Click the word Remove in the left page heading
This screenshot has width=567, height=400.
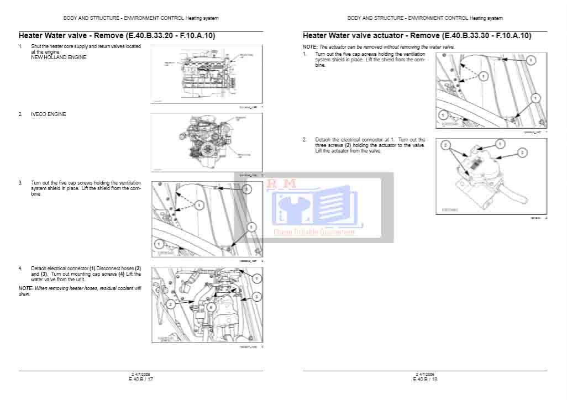tap(109, 36)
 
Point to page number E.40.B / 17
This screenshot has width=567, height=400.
tap(141, 379)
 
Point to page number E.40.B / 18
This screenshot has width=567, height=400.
tap(425, 379)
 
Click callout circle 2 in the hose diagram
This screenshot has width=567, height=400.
tap(171, 304)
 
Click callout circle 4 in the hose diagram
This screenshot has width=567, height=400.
tap(211, 307)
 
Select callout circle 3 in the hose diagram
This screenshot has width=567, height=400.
tap(256, 297)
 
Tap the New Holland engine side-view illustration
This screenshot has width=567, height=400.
tap(206, 75)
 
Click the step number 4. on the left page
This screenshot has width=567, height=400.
tap(21, 268)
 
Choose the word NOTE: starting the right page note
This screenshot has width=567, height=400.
tap(310, 48)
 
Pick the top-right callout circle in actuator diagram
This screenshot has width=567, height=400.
tap(500, 144)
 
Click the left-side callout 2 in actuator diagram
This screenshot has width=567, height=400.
tap(445, 145)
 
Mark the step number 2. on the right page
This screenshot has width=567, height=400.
tap(305, 140)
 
